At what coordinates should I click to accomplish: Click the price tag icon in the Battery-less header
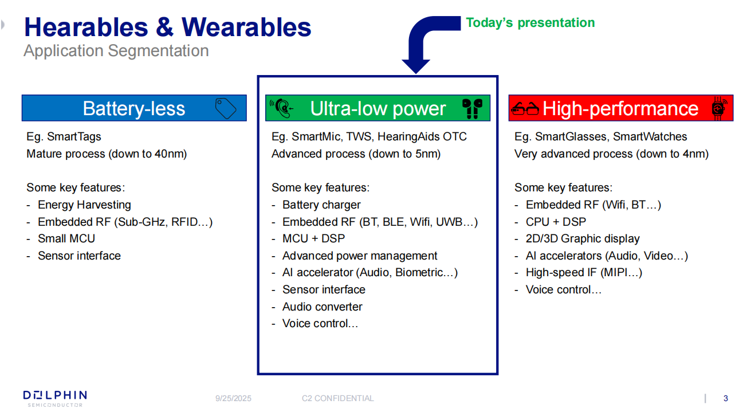pos(226,108)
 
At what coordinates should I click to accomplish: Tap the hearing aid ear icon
pos(282,108)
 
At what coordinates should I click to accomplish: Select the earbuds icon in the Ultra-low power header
pos(472,108)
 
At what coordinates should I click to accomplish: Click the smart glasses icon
pos(525,108)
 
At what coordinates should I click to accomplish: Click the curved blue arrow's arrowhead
pos(416,66)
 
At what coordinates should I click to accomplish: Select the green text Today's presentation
pos(530,23)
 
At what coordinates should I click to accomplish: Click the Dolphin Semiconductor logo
pos(55,399)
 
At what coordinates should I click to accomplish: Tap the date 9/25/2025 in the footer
pos(233,398)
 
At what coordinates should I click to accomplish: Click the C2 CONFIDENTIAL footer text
pos(337,398)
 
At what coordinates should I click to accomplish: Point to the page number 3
pos(726,398)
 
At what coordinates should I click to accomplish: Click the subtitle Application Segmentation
pos(116,51)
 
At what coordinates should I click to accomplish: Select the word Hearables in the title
pos(86,28)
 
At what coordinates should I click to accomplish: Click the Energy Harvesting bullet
pos(84,205)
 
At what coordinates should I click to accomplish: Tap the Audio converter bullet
pos(322,307)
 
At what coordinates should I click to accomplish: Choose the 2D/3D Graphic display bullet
pos(583,239)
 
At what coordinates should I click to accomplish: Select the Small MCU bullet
pos(66,239)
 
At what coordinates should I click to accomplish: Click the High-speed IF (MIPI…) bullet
pos(584,273)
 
